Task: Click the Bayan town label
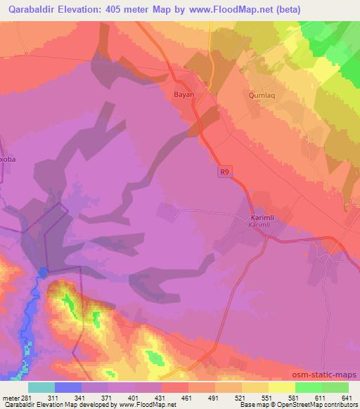click(183, 93)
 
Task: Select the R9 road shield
click(224, 169)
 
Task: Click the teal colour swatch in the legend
click(41, 387)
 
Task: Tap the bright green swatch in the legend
click(308, 387)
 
